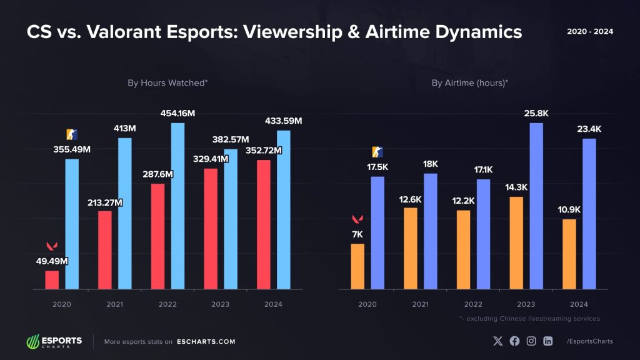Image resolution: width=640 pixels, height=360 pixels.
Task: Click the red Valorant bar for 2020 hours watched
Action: coord(52,280)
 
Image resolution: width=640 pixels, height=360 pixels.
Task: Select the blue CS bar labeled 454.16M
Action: coord(178,206)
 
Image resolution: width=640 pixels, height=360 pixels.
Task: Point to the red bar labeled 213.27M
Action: coord(105,250)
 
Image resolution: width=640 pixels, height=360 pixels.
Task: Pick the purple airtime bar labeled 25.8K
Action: coord(536,206)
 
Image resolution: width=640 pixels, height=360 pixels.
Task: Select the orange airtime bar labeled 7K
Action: coord(357,266)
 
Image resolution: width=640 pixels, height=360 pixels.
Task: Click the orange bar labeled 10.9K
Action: coord(569,254)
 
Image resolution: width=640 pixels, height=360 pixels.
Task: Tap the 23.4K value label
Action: coord(589,129)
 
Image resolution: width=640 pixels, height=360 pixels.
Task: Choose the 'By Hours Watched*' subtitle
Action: coord(167,82)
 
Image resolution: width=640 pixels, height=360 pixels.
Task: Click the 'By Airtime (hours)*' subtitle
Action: coord(470,82)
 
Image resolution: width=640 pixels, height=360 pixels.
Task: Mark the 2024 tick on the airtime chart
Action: coord(579,304)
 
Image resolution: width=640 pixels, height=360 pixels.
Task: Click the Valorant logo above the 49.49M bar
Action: coord(52,245)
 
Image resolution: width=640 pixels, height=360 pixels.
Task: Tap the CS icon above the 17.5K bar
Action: coord(377,152)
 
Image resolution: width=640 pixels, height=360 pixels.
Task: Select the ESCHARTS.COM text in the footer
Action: coord(206,342)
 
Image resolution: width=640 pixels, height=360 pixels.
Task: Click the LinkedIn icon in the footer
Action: coord(548,341)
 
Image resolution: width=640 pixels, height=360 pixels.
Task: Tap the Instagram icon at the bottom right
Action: coord(531,341)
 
